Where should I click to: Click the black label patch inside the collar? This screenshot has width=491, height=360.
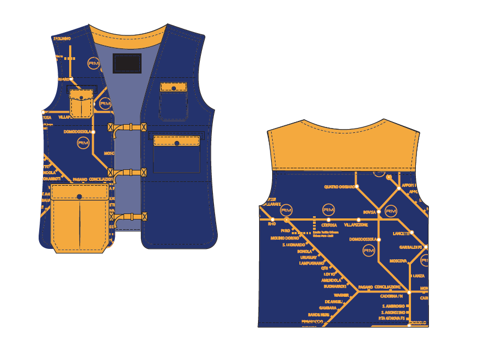[127, 63]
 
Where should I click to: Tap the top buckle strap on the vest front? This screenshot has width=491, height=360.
[128, 127]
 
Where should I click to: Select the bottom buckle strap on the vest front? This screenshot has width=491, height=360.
[128, 216]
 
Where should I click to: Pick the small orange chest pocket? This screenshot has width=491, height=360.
[82, 104]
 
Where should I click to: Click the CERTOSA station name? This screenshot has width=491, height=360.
[329, 225]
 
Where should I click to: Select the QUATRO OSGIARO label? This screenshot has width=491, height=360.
[340, 187]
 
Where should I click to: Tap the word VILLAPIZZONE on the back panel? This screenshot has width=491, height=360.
[356, 225]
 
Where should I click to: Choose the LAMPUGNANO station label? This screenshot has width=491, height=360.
[311, 263]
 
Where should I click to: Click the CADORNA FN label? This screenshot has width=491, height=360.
[391, 296]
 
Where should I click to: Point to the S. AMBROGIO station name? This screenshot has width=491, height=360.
[392, 306]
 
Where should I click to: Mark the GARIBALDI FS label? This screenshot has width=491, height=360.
[412, 247]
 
